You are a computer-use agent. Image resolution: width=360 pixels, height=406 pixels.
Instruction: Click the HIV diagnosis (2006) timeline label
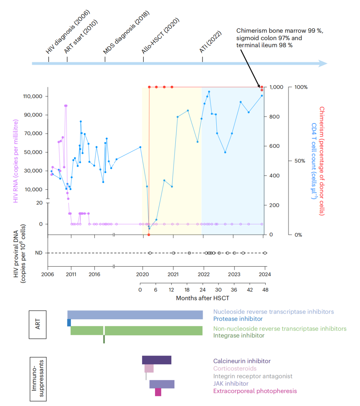(x=68, y=32)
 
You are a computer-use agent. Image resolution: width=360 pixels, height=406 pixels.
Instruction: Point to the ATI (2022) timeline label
(x=210, y=42)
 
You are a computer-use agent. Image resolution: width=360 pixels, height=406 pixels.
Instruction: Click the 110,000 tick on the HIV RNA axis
(x=33, y=96)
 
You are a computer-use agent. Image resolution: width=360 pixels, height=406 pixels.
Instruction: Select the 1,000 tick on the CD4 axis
(x=276, y=87)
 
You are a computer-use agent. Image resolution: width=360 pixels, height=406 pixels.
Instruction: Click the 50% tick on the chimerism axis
(x=300, y=161)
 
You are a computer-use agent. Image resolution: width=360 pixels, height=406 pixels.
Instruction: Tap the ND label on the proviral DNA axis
(x=39, y=253)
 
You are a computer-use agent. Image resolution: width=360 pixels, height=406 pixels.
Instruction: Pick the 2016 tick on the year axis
(x=94, y=275)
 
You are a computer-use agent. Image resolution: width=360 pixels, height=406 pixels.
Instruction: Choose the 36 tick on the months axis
(x=234, y=290)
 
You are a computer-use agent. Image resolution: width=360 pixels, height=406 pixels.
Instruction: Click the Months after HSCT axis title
(x=203, y=298)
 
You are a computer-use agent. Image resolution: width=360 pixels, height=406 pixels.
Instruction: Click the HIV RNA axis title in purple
(x=16, y=161)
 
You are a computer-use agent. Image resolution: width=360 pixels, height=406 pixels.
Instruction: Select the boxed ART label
(x=38, y=324)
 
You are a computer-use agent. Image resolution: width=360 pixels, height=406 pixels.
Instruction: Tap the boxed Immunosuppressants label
(x=38, y=379)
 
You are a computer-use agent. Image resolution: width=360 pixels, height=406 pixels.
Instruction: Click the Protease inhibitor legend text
(x=238, y=319)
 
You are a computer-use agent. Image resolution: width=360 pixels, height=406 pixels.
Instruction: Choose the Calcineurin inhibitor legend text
(x=242, y=361)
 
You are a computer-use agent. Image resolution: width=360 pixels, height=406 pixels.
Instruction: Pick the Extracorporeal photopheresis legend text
(x=255, y=391)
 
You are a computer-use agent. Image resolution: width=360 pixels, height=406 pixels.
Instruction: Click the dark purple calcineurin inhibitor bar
(x=157, y=360)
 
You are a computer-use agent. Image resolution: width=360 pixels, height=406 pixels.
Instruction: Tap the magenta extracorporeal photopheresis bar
(x=158, y=392)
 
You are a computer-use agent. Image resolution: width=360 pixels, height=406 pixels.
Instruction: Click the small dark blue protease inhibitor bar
(x=69, y=323)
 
